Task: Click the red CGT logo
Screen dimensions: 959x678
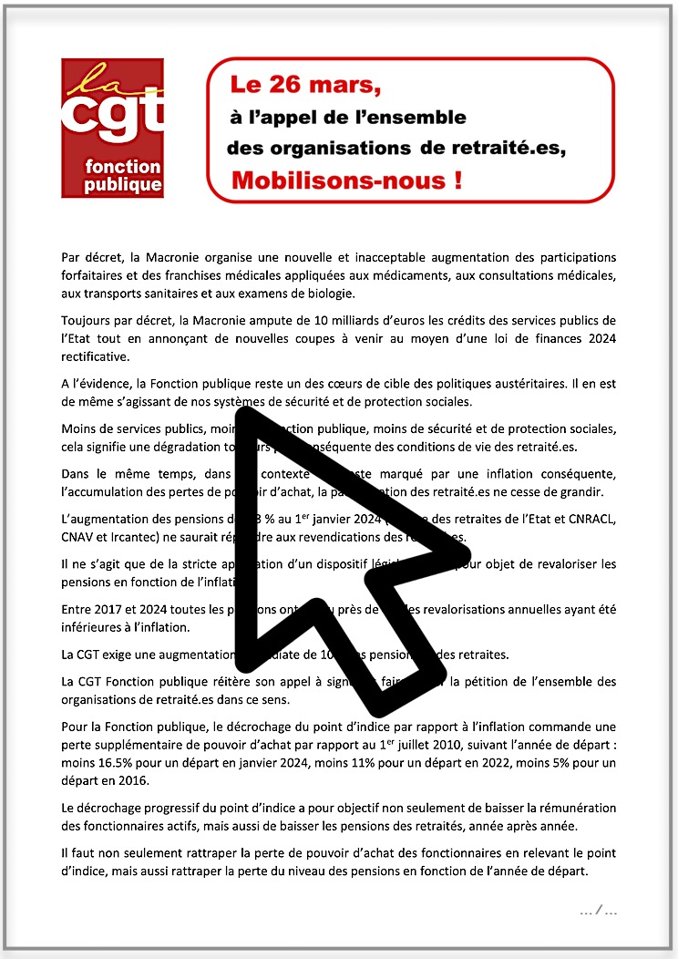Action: coord(113,128)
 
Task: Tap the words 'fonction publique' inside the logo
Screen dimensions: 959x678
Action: coord(122,176)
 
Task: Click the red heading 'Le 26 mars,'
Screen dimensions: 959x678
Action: coord(304,86)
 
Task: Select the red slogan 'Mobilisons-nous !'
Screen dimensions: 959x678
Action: coord(345,180)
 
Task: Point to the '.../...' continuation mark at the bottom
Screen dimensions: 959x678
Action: coord(599,910)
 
